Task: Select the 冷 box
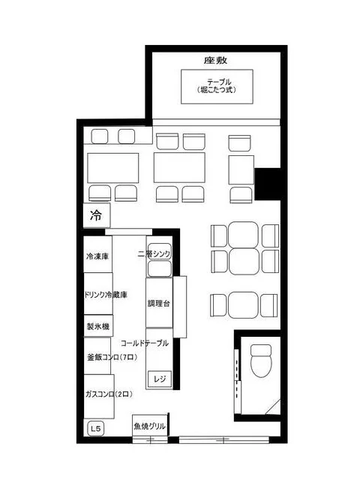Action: (x=96, y=216)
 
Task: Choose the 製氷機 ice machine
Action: (x=97, y=326)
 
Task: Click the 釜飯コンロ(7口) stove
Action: (x=109, y=358)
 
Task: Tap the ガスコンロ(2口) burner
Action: (x=109, y=393)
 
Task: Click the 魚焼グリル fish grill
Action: (x=150, y=427)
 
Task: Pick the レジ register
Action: (x=159, y=379)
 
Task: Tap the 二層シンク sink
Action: (x=158, y=253)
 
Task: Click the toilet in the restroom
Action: (x=260, y=361)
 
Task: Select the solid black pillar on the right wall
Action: (x=266, y=181)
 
